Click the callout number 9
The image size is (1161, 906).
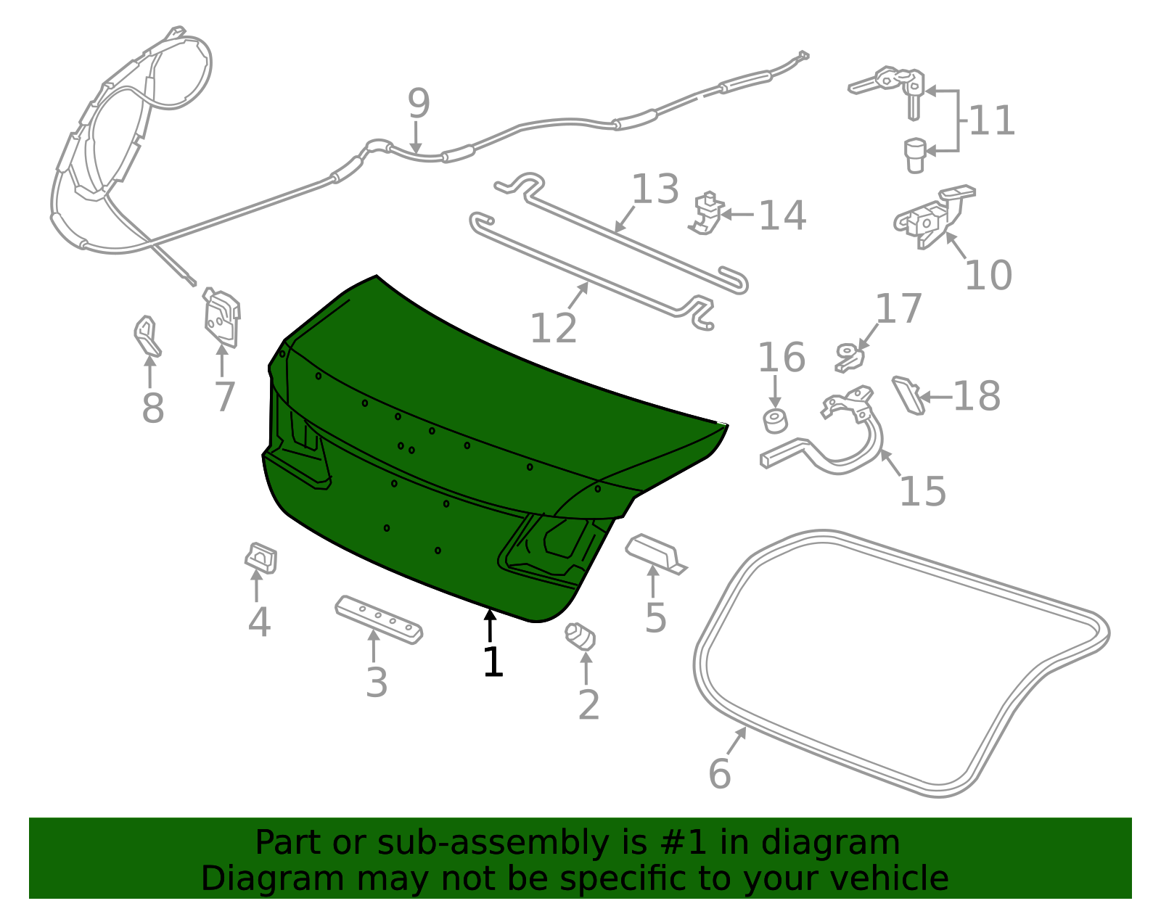click(419, 103)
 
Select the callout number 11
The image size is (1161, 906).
click(991, 120)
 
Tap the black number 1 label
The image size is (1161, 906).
click(493, 662)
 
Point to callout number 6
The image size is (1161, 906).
click(719, 773)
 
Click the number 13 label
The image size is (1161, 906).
click(655, 189)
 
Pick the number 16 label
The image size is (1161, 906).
click(781, 357)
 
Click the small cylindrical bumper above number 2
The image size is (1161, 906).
click(580, 636)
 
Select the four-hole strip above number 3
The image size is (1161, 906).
click(379, 620)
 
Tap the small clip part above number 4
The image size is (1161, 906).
click(260, 559)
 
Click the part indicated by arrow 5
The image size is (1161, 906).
click(656, 553)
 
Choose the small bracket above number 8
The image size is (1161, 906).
click(147, 336)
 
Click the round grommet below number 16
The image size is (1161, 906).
click(775, 421)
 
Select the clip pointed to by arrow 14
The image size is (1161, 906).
click(706, 213)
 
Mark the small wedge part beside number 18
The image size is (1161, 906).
click(908, 395)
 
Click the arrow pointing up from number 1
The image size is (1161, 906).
click(489, 625)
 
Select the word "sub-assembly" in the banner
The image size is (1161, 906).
click(493, 843)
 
